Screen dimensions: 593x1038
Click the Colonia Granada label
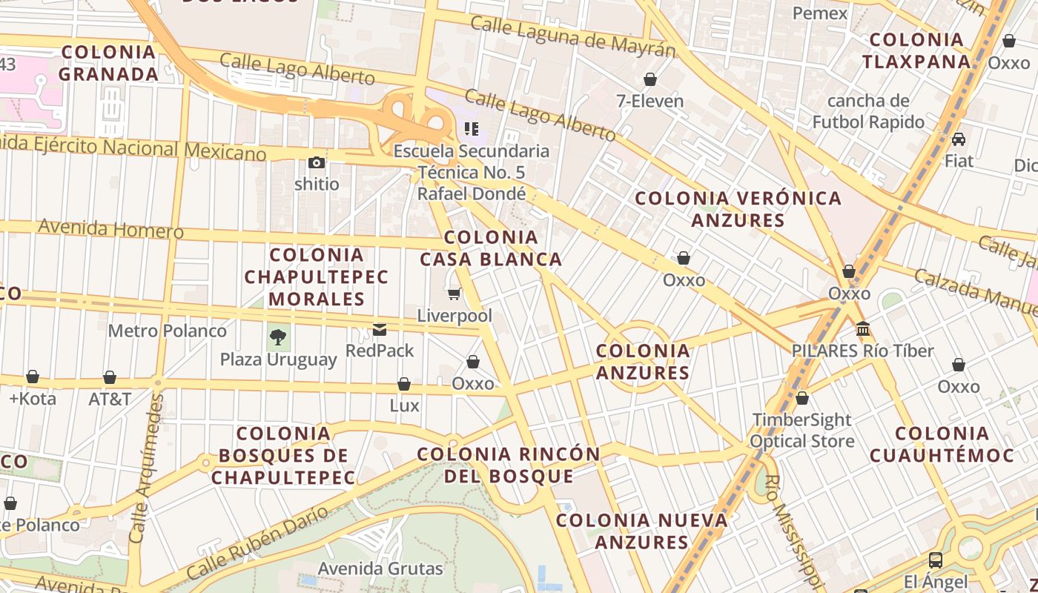click(108, 63)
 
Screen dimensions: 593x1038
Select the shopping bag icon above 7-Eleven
click(650, 79)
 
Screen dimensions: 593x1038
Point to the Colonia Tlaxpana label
click(916, 50)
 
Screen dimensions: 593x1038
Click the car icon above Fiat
click(959, 139)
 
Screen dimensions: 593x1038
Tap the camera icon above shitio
click(317, 162)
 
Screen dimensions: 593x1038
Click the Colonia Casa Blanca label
click(491, 248)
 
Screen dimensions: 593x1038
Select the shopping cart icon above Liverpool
click(454, 294)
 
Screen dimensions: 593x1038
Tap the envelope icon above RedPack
click(380, 329)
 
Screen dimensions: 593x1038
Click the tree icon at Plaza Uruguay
click(278, 338)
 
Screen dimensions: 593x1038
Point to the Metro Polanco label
click(167, 331)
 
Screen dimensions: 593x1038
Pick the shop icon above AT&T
click(110, 377)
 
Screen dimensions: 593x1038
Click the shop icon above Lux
click(404, 384)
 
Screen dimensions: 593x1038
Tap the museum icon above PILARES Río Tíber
click(862, 328)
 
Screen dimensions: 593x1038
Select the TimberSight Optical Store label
click(801, 431)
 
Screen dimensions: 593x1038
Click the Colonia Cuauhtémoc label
click(941, 444)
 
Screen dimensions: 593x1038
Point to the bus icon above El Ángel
click(936, 560)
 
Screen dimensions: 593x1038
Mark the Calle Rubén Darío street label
click(257, 543)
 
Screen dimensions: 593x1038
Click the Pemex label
click(819, 13)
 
